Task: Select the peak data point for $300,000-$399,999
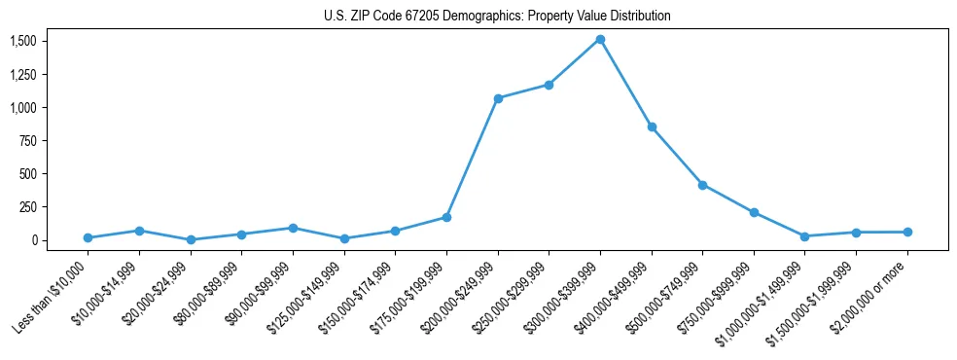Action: [x=600, y=40]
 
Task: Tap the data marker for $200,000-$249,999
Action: [x=498, y=98]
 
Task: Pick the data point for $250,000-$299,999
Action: [x=549, y=85]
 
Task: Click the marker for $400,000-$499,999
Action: [x=652, y=126]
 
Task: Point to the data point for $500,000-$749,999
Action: [x=702, y=185]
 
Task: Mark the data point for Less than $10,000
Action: [x=89, y=237]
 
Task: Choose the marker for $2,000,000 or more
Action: [x=906, y=232]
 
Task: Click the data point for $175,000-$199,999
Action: [x=446, y=217]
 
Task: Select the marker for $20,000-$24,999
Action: [x=191, y=239]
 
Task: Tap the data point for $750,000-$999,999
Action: [x=754, y=212]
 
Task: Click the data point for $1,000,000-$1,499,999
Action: [x=804, y=236]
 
